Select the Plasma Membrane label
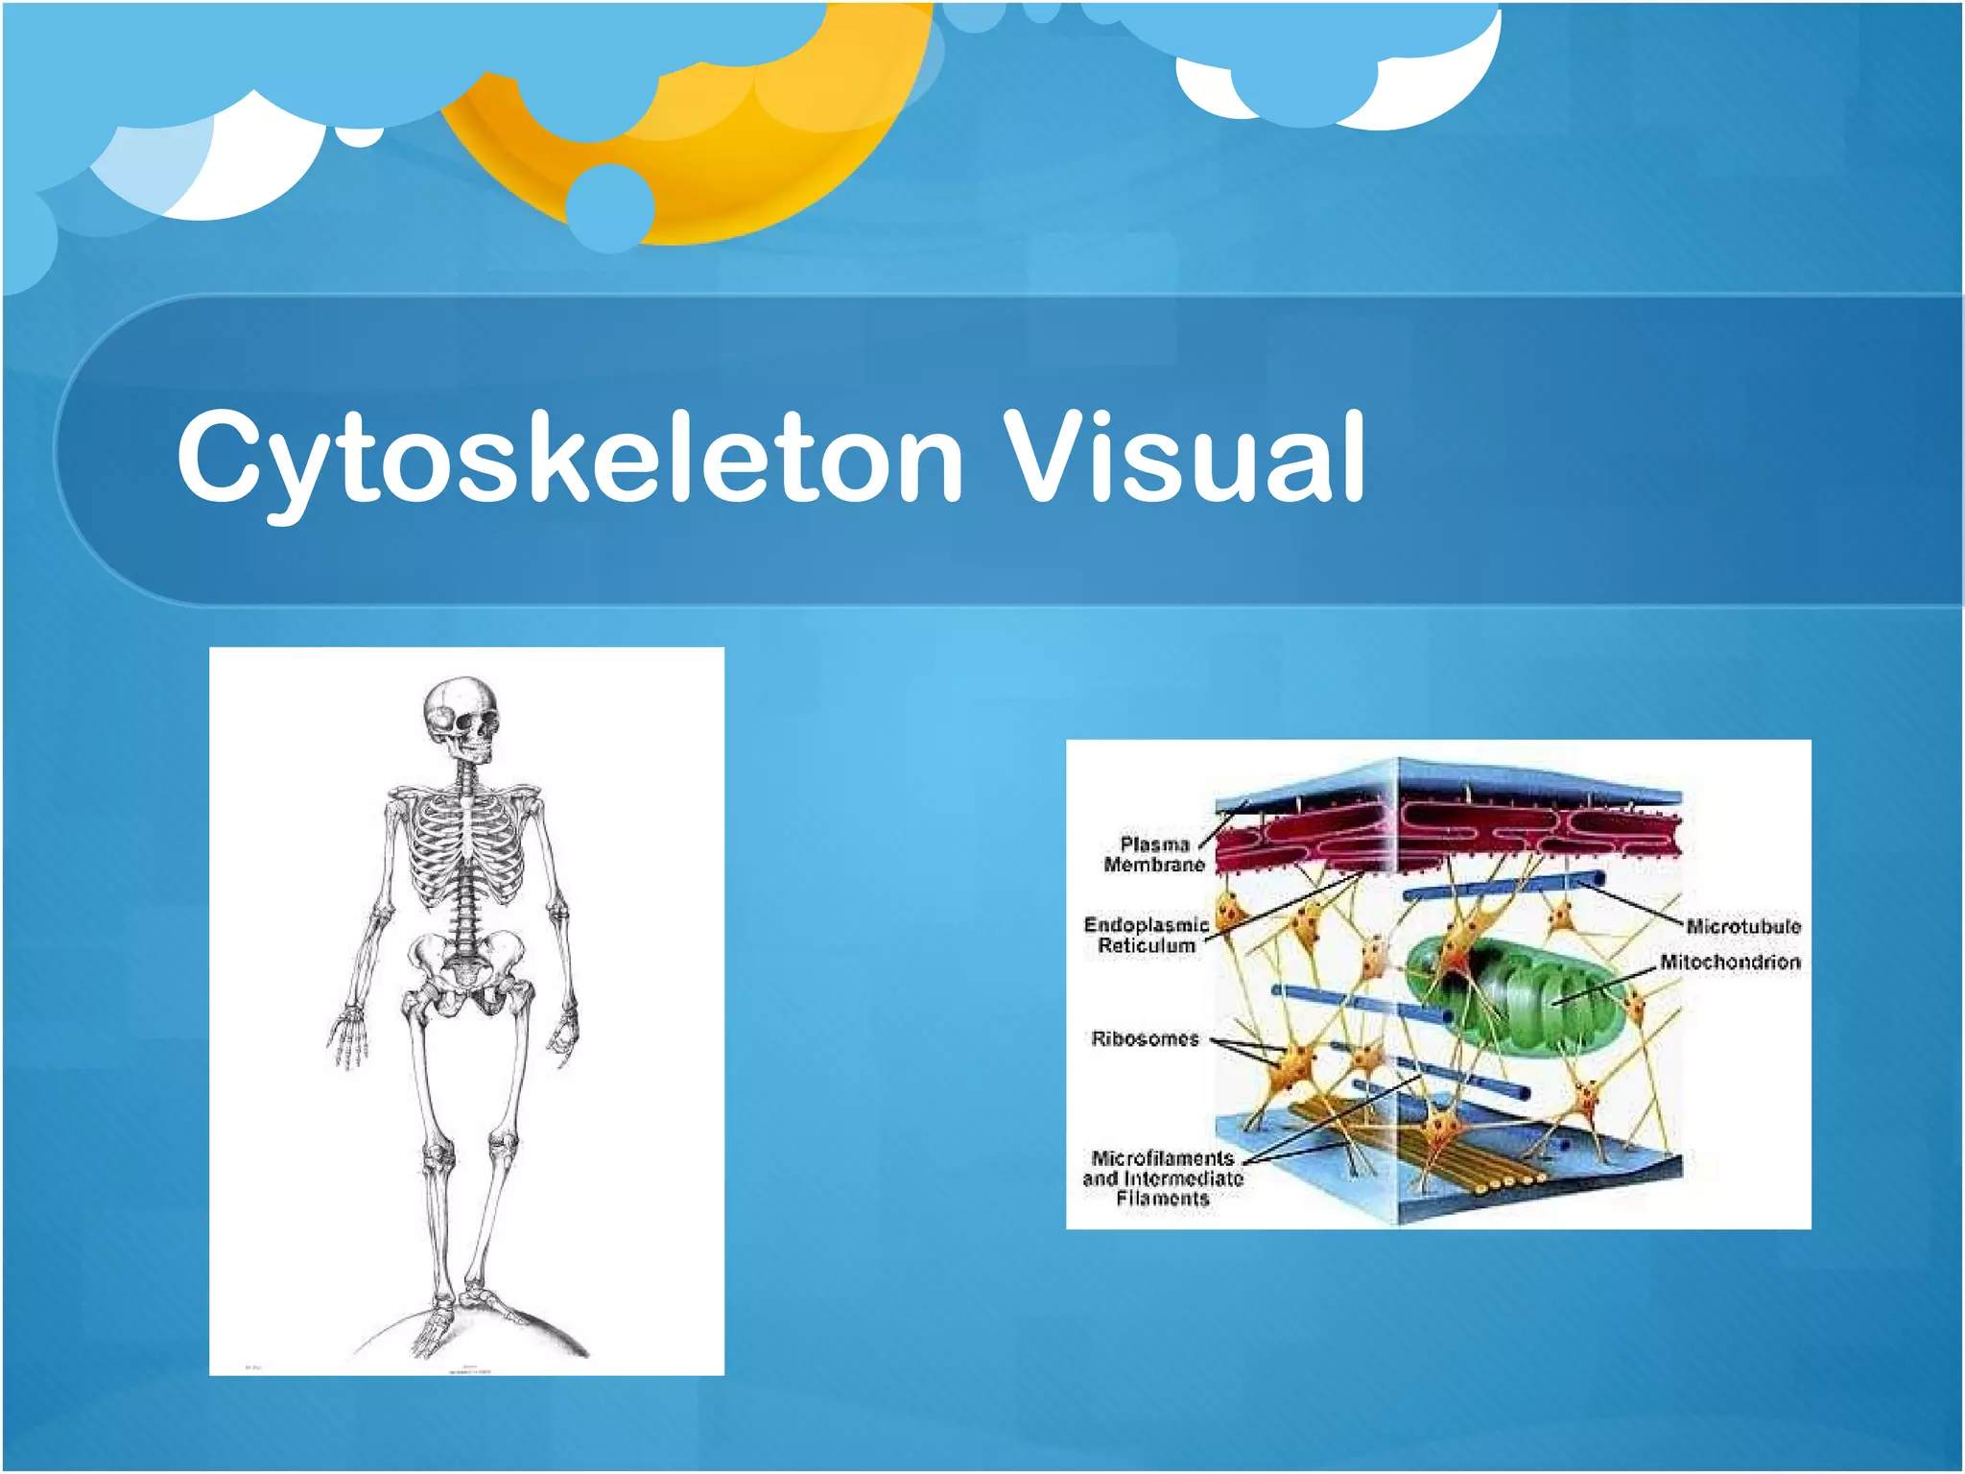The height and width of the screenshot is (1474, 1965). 1153,854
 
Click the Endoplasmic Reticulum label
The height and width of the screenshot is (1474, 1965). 1146,935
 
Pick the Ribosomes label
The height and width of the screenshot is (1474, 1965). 1145,1038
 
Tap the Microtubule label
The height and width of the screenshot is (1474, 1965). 1742,926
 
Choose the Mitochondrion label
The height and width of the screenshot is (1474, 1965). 1730,962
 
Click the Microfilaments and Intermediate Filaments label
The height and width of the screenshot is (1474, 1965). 1162,1177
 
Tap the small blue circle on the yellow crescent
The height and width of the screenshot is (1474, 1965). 609,206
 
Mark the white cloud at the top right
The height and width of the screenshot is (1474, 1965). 1439,86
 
